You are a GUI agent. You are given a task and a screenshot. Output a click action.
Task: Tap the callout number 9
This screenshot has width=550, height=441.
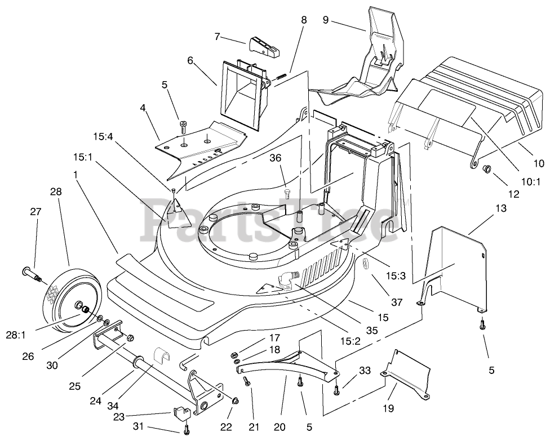pyautogui.click(x=326, y=20)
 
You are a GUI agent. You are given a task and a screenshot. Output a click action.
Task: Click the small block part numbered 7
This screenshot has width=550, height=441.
pyautogui.click(x=266, y=47)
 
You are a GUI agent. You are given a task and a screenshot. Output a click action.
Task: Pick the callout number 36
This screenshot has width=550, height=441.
pyautogui.click(x=276, y=158)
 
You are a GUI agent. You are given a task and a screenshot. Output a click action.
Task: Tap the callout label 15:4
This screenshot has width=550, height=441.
pyautogui.click(x=104, y=135)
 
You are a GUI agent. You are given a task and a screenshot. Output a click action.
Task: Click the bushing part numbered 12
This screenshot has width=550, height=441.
pyautogui.click(x=486, y=170)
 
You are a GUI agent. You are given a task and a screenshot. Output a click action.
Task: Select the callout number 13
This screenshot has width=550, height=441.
pyautogui.click(x=501, y=208)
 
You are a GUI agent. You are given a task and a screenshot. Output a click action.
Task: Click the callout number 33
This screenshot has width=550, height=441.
pyautogui.click(x=365, y=371)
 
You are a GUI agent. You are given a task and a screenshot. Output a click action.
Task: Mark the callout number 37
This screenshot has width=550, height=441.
pyautogui.click(x=396, y=302)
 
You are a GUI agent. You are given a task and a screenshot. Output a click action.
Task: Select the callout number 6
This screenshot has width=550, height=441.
pyautogui.click(x=190, y=61)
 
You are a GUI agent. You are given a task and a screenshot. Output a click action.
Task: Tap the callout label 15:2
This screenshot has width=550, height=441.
pyautogui.click(x=351, y=341)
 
